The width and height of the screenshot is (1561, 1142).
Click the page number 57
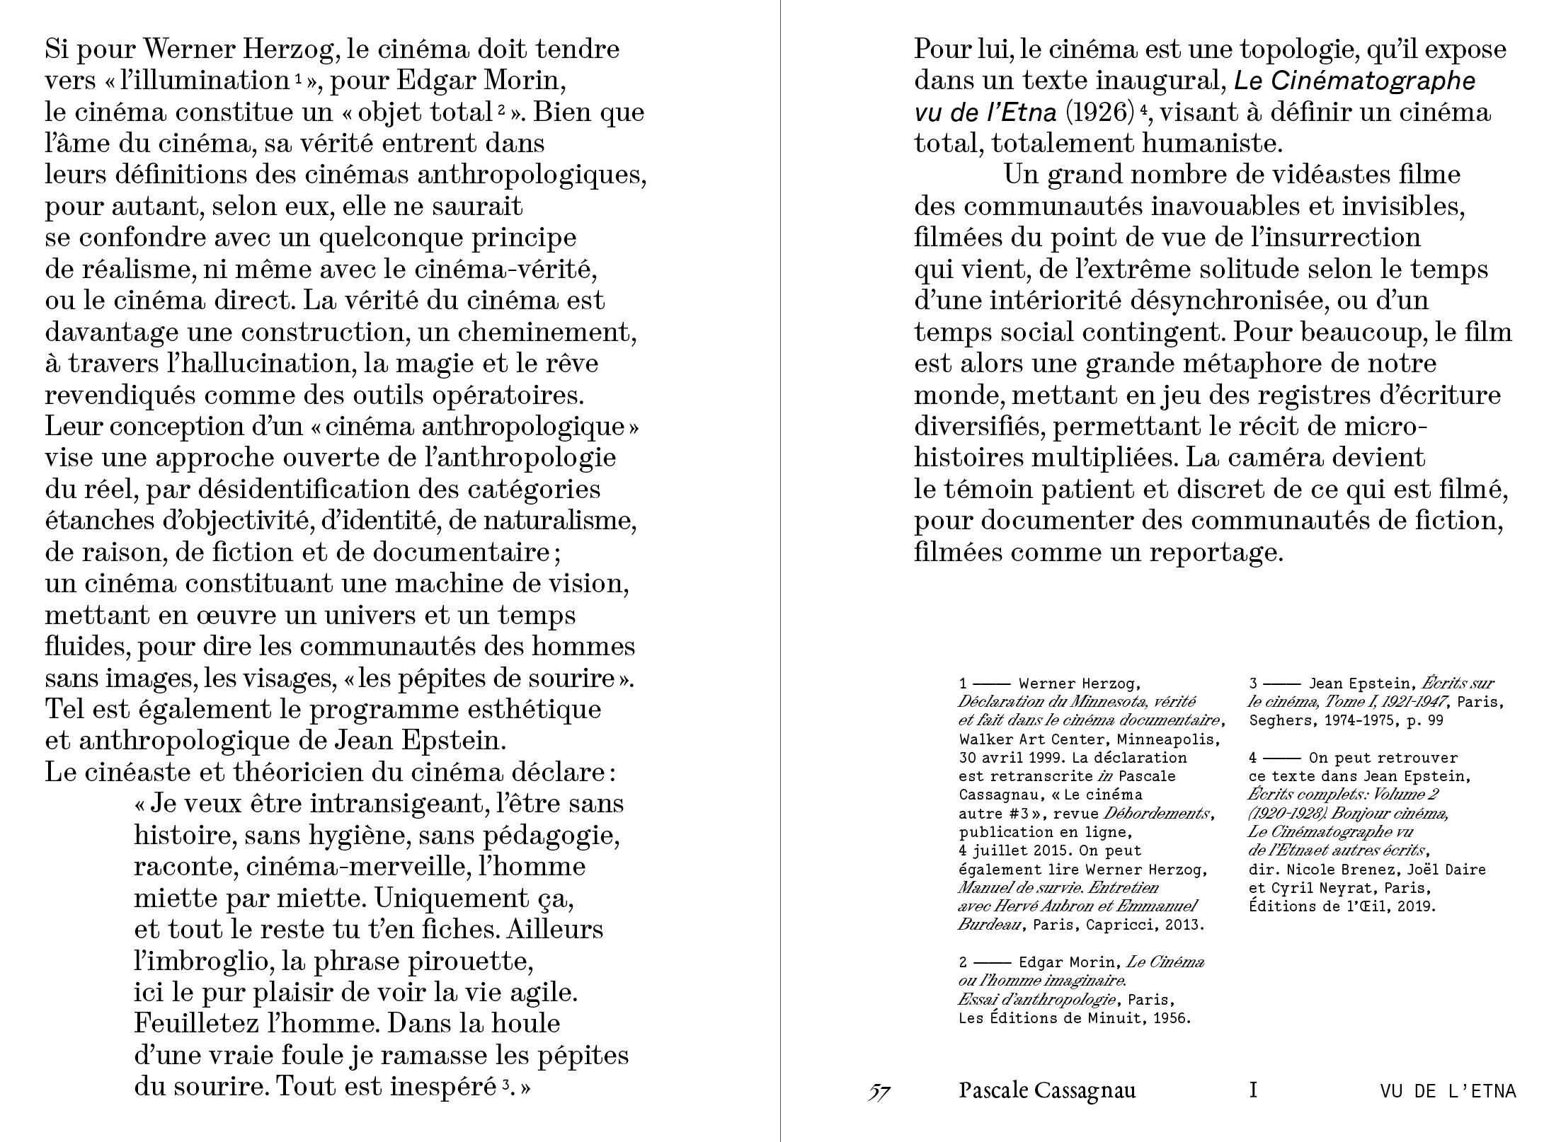click(x=879, y=1092)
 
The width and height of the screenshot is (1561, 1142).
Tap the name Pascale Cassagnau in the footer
click(x=1047, y=1090)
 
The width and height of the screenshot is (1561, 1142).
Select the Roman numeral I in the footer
click(x=1253, y=1090)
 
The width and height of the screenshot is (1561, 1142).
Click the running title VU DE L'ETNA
click(x=1448, y=1091)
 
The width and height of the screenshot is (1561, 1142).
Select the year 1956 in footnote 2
click(x=1172, y=1018)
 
